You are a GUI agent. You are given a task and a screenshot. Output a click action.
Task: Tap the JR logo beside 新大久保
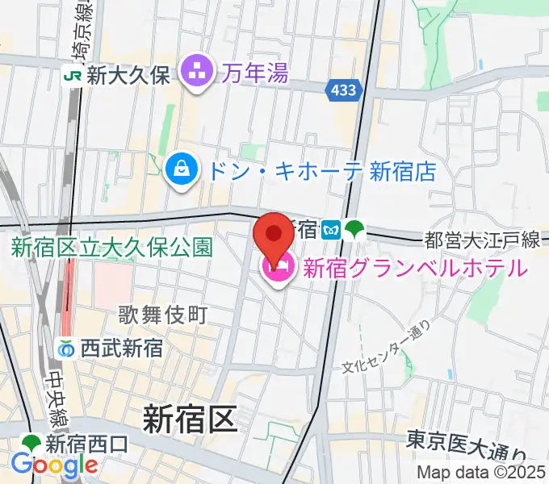pos(73,76)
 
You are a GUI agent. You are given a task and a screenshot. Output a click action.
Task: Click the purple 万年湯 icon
pos(195,74)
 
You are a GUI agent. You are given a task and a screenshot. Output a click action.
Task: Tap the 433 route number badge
pos(343,91)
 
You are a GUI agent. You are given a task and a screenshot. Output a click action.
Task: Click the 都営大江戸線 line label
pos(482,240)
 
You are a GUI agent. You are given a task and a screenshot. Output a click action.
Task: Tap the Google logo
pos(54,465)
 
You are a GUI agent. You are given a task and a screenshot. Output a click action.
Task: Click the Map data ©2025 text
pos(482,473)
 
